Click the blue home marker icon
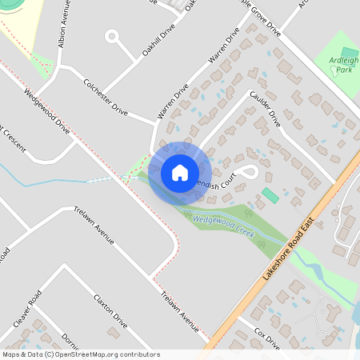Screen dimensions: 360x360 point(180,173)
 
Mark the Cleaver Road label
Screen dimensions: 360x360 point(27,314)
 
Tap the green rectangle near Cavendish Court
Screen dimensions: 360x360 point(270,195)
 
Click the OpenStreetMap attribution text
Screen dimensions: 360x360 point(81,354)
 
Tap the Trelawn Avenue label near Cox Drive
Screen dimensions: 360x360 point(178,311)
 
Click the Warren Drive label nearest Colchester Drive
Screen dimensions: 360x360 point(172,102)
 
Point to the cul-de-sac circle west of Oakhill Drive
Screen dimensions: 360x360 point(111,36)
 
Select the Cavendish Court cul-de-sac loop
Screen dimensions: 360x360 point(250,170)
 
